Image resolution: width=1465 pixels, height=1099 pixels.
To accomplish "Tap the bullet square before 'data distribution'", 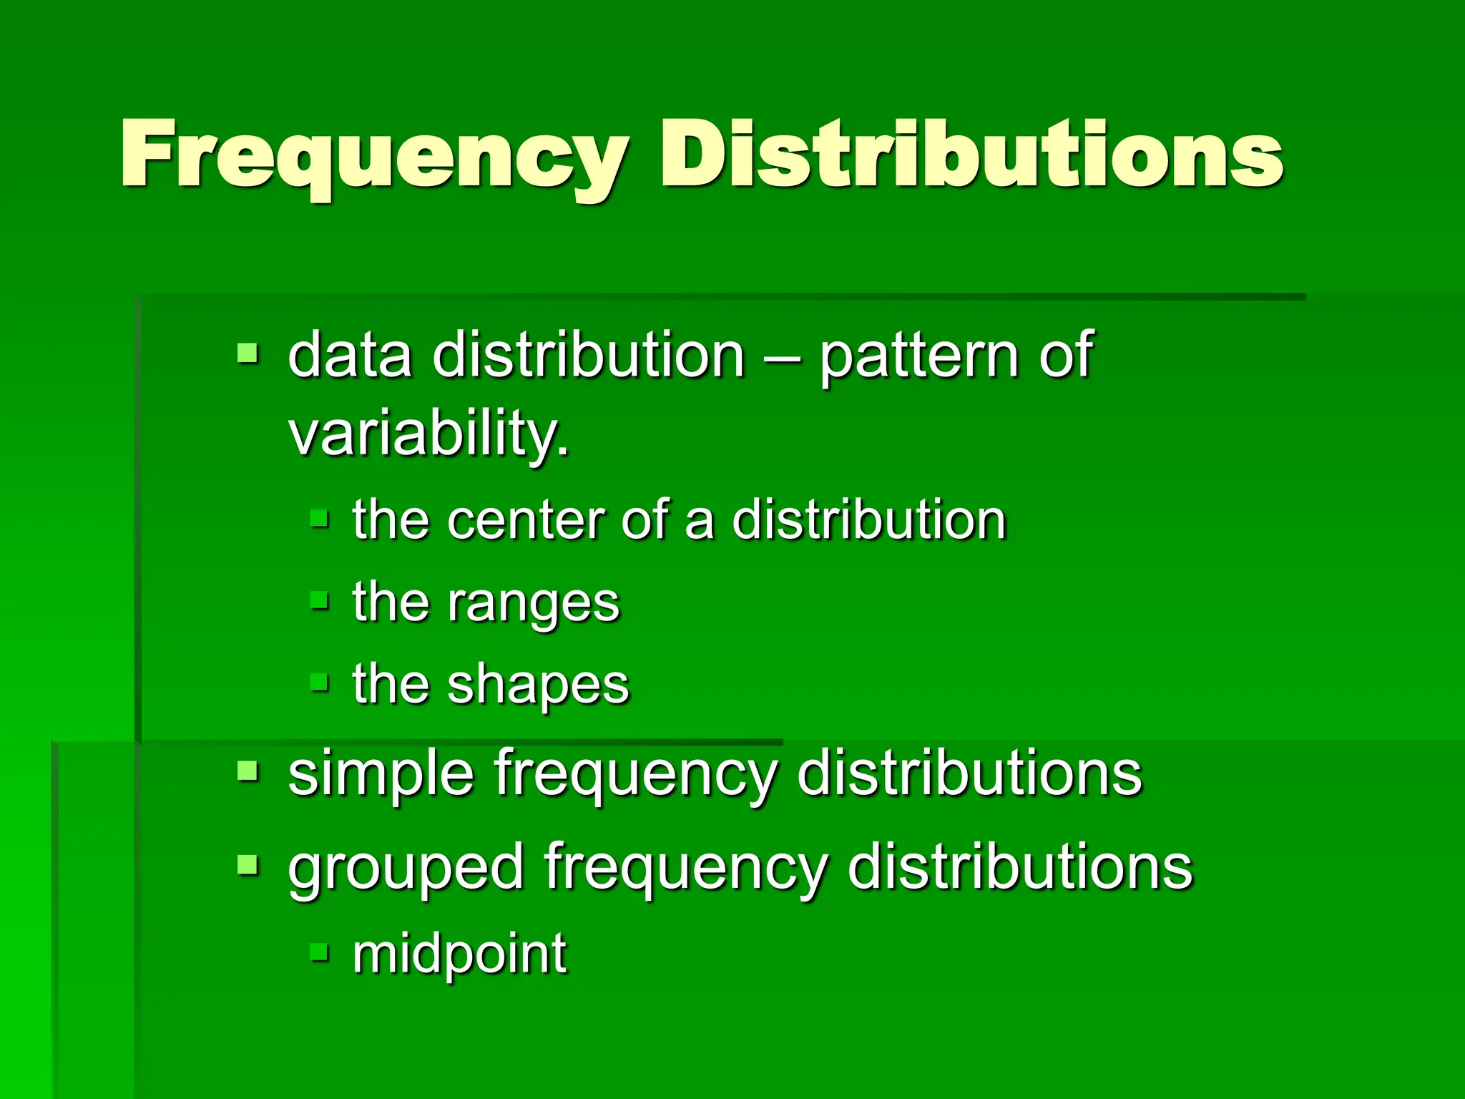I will (248, 353).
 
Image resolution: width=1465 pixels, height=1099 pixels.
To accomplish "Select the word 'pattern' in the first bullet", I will (918, 356).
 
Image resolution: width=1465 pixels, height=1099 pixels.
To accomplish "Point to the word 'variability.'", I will (428, 434).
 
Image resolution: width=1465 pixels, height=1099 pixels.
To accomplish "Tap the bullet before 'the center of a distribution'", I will (320, 518).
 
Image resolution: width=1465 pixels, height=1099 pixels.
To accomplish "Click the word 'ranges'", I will (533, 603).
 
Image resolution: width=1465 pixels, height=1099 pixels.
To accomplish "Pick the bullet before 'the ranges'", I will (320, 600).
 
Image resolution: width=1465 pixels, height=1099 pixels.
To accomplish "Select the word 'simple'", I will (381, 774).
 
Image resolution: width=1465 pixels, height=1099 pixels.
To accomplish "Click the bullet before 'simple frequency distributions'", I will (248, 771).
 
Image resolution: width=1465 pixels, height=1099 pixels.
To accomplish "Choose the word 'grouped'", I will (405, 868).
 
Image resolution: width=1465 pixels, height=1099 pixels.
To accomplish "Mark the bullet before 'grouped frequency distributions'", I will (248, 865).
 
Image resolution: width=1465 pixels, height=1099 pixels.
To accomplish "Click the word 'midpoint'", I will (459, 954).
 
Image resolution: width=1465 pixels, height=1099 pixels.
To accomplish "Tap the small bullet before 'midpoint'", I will (320, 952).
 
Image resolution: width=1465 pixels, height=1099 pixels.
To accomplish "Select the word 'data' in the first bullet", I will (350, 356).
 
